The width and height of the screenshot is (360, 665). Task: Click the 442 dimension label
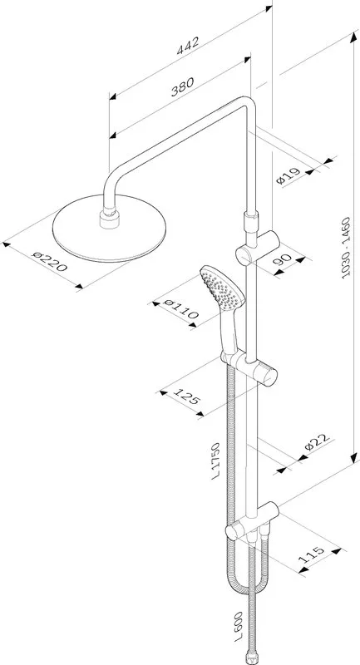(x=188, y=46)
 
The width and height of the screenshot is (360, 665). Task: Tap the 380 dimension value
(x=182, y=86)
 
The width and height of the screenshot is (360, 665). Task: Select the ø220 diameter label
(x=50, y=261)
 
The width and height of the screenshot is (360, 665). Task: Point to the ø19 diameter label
(x=288, y=175)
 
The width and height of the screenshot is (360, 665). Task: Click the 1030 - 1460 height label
(x=347, y=247)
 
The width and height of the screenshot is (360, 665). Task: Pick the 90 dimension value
(x=283, y=259)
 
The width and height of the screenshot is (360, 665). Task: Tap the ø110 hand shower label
(x=180, y=308)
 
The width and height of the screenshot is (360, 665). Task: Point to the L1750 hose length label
(x=216, y=461)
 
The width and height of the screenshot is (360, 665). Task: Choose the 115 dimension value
(x=311, y=554)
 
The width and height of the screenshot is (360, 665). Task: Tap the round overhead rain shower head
(x=110, y=228)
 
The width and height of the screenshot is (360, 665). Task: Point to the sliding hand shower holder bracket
(x=249, y=366)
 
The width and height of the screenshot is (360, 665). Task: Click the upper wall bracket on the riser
(x=257, y=248)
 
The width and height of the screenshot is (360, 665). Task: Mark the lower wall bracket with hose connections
(x=252, y=521)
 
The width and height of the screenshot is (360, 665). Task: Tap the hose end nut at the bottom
(x=252, y=657)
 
